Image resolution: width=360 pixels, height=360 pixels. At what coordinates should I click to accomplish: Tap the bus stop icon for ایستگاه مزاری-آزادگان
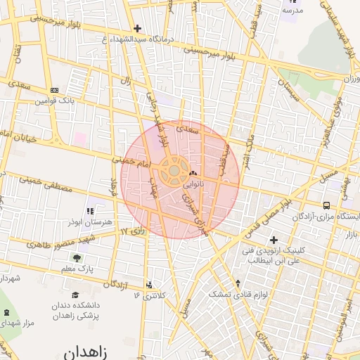[x=326, y=205]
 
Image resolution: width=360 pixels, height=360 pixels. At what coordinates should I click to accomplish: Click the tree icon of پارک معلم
[x=76, y=258]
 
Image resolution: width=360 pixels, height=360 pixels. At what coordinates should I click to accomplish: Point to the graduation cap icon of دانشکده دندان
[x=76, y=295]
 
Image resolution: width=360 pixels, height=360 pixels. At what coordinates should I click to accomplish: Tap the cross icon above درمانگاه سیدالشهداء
[x=137, y=29]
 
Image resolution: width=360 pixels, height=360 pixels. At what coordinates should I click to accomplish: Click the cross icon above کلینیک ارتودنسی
[x=274, y=240]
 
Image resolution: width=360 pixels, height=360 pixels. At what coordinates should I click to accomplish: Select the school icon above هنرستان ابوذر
[x=89, y=210]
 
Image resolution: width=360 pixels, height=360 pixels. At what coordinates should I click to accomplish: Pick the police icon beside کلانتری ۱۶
[x=149, y=285]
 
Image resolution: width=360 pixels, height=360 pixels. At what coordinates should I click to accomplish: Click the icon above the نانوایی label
[x=192, y=173]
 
